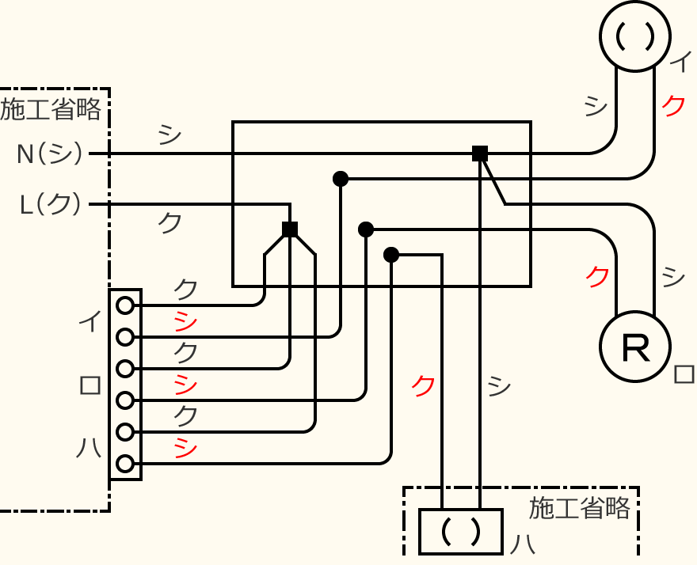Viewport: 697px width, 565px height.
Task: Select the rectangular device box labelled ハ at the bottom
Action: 461,531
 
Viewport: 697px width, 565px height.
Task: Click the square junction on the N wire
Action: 479,153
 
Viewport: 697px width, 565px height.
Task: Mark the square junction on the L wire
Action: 290,229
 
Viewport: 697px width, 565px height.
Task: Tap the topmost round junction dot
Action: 341,179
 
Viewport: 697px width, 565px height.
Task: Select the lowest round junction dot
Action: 391,255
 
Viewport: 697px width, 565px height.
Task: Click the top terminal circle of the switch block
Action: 124,305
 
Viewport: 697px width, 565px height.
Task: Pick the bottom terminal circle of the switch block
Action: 124,464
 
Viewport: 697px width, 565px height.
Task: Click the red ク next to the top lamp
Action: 673,105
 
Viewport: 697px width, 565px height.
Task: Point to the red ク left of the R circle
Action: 598,276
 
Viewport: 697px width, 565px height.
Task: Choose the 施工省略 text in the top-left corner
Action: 51,109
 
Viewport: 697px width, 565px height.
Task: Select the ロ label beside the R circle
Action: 684,373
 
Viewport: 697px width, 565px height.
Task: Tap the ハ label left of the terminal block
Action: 89,449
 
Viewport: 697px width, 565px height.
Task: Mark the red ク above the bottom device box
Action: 423,385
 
